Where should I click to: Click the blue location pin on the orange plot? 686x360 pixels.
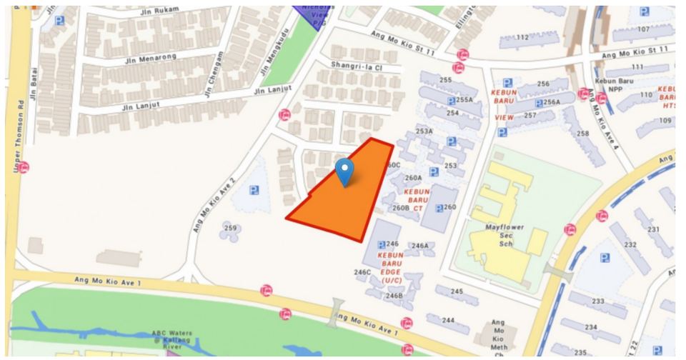click(x=344, y=171)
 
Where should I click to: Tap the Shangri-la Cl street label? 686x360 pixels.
click(x=357, y=65)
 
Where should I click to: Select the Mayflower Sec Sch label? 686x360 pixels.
click(x=505, y=235)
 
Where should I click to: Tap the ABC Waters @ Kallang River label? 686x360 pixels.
click(x=169, y=339)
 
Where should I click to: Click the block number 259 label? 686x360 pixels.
click(x=230, y=229)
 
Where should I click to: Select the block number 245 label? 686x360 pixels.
click(x=457, y=291)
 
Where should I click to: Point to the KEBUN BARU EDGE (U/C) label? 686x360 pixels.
click(x=391, y=266)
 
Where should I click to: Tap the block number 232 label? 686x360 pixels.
click(x=630, y=244)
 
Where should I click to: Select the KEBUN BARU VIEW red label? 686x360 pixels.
click(x=504, y=104)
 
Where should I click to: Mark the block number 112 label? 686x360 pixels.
click(x=522, y=37)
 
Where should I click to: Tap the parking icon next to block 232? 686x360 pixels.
click(x=605, y=258)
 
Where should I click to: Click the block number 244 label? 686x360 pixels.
click(x=447, y=320)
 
